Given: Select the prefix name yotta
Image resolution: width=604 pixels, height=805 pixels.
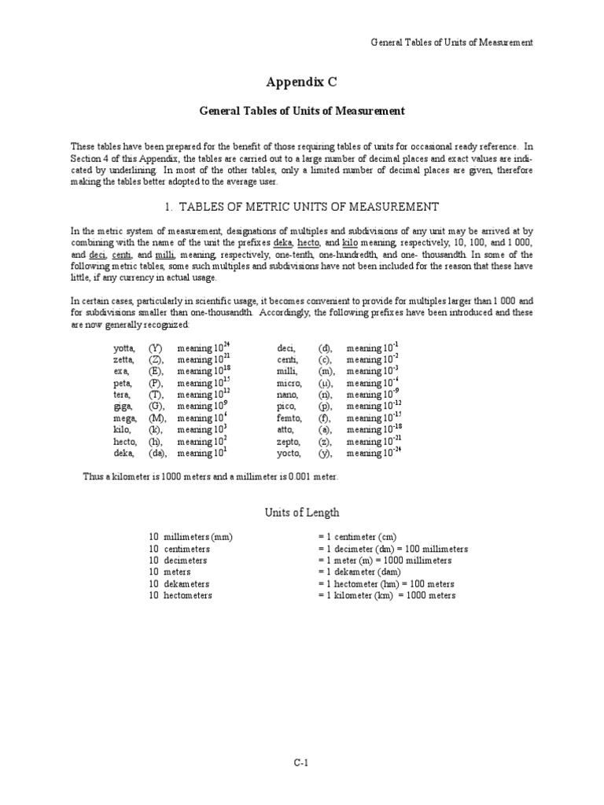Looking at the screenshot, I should [x=124, y=347].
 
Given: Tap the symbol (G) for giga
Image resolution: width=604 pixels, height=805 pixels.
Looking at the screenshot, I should [x=157, y=406].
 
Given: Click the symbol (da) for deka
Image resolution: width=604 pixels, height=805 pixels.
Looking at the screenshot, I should [x=157, y=454].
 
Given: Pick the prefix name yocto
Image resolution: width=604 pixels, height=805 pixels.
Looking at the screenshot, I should [x=290, y=454].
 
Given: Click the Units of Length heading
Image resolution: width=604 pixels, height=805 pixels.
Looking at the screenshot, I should [x=301, y=513].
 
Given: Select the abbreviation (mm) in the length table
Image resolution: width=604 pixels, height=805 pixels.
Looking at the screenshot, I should [x=223, y=537].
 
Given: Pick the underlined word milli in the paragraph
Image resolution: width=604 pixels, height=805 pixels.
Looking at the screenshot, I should [x=165, y=255].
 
